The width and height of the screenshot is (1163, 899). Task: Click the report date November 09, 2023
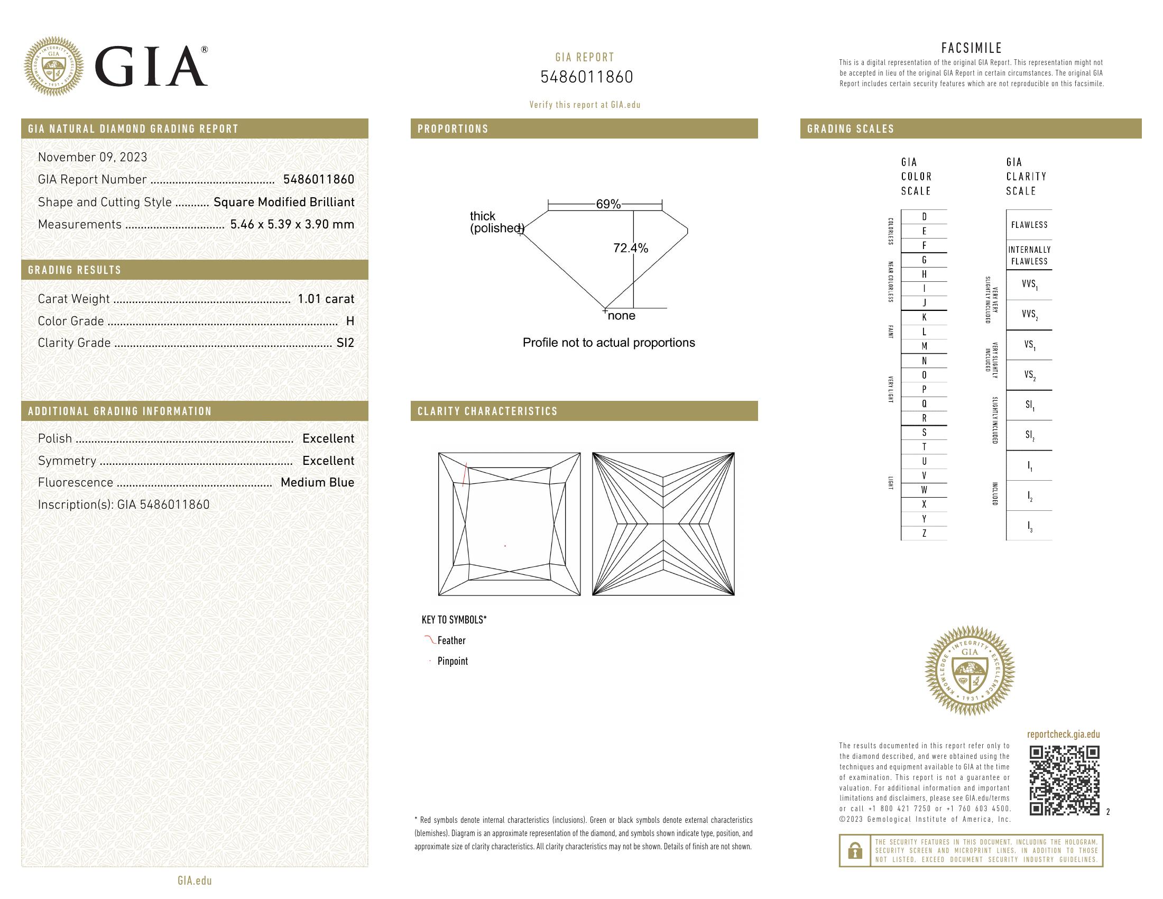(93, 157)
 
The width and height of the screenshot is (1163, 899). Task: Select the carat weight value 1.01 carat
(325, 299)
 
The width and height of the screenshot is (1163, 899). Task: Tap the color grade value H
(350, 321)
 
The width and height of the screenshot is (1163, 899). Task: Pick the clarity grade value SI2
(345, 343)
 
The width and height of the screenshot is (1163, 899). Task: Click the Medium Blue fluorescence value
(317, 482)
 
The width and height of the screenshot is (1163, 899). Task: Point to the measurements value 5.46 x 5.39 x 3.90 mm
(292, 224)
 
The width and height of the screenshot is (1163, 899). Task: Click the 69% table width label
(608, 204)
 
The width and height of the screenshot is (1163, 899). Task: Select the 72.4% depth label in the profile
(631, 248)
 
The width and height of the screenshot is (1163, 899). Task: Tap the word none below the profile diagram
(622, 316)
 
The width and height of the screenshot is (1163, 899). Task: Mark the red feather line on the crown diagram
(465, 474)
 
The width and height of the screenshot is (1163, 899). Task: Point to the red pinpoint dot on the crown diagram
(505, 546)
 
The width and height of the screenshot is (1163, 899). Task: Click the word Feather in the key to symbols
(451, 641)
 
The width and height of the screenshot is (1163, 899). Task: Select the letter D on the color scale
(924, 217)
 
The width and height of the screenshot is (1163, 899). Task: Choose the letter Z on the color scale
(924, 533)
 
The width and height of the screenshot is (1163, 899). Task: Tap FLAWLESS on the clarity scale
(1029, 225)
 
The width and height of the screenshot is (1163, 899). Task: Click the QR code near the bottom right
(1064, 781)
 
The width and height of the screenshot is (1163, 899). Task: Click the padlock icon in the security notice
(855, 850)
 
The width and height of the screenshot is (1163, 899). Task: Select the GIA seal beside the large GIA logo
(54, 67)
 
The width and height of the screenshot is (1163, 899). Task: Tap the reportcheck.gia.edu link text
(1063, 735)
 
